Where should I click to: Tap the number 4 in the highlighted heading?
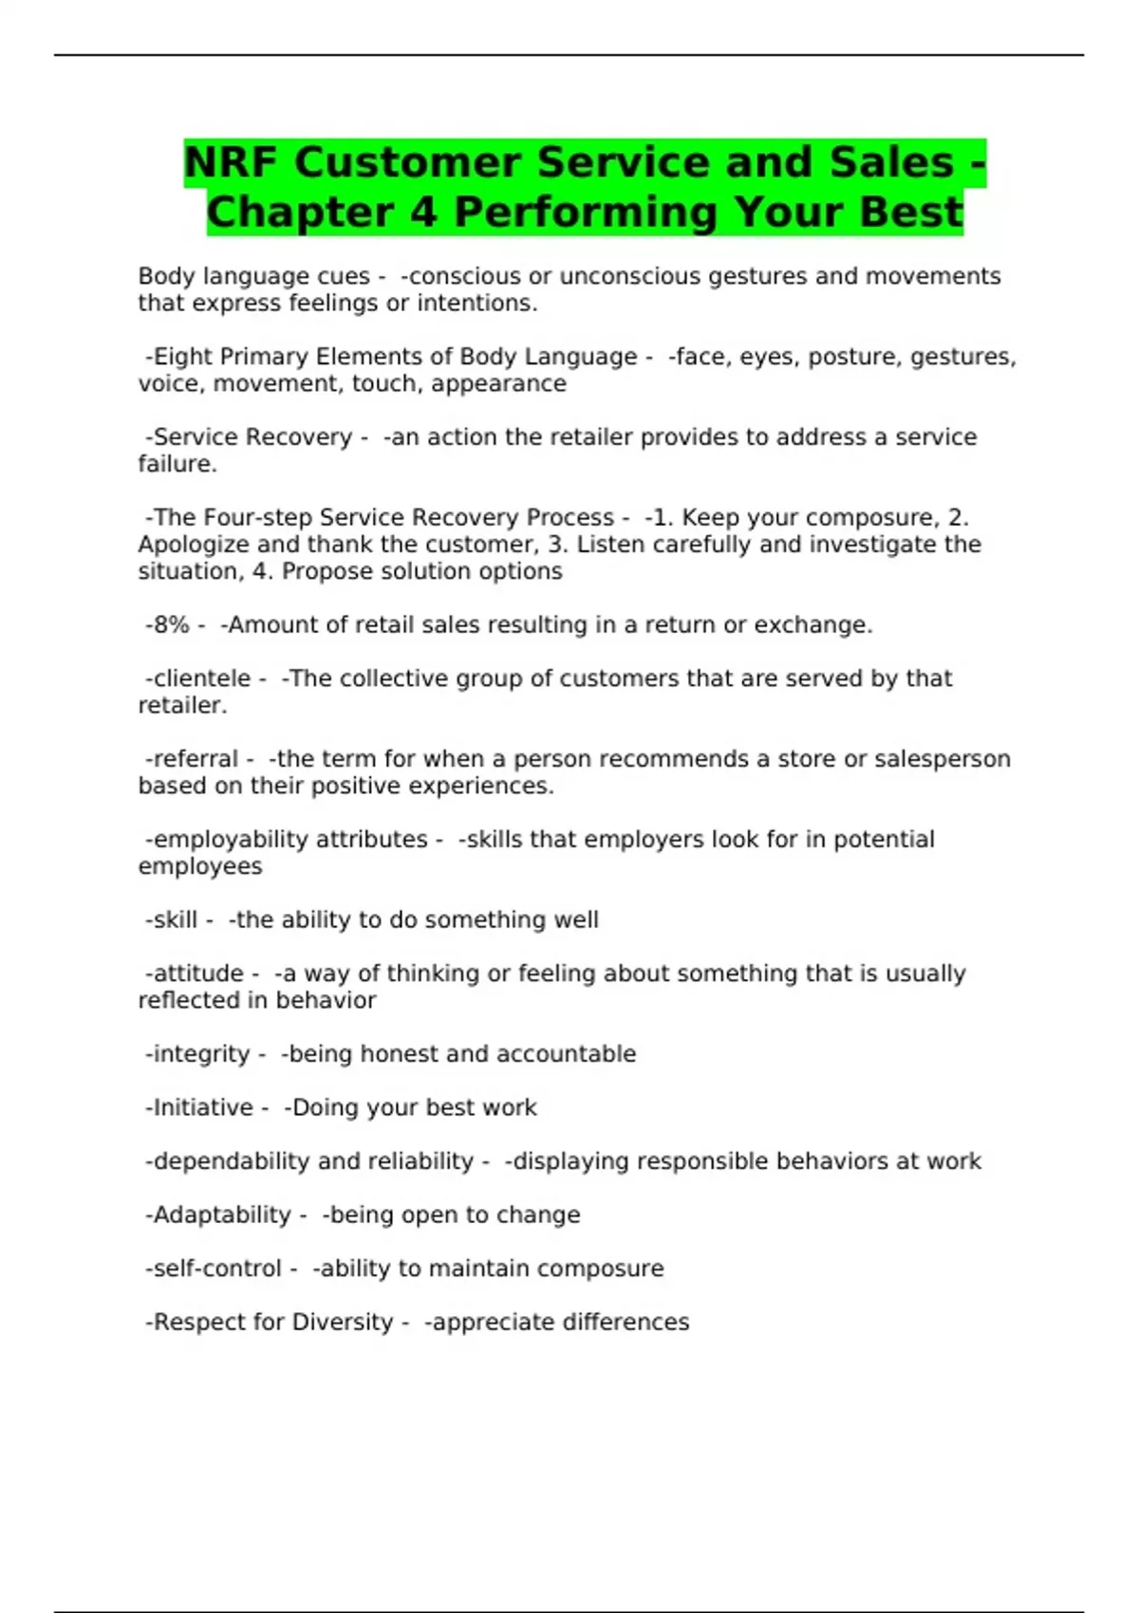tap(423, 212)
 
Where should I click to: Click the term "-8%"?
tap(168, 625)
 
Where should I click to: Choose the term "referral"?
tap(196, 759)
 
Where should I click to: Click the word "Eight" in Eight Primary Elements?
tap(183, 357)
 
